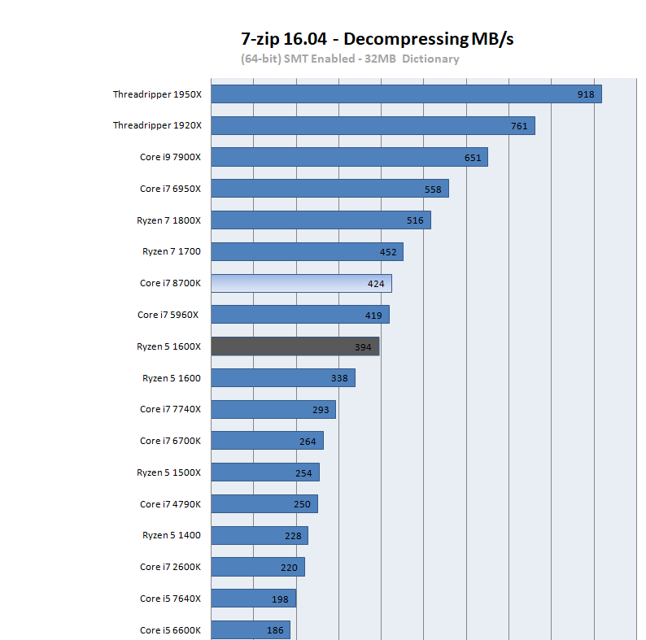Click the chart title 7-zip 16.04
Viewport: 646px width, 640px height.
click(x=378, y=38)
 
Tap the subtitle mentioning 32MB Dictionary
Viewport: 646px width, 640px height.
click(x=350, y=59)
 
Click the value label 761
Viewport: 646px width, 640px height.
click(x=519, y=126)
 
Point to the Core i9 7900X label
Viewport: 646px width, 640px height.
click(x=170, y=157)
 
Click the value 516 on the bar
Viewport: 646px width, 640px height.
click(x=415, y=220)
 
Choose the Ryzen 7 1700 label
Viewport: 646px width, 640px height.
click(x=171, y=251)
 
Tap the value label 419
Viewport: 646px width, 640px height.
click(x=373, y=315)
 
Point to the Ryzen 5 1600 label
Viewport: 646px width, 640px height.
click(x=171, y=378)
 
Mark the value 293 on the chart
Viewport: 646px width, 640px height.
click(x=321, y=410)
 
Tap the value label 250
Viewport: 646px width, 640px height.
click(x=302, y=504)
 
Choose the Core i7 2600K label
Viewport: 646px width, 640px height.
click(x=170, y=567)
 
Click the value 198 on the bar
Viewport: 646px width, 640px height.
click(x=281, y=599)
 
